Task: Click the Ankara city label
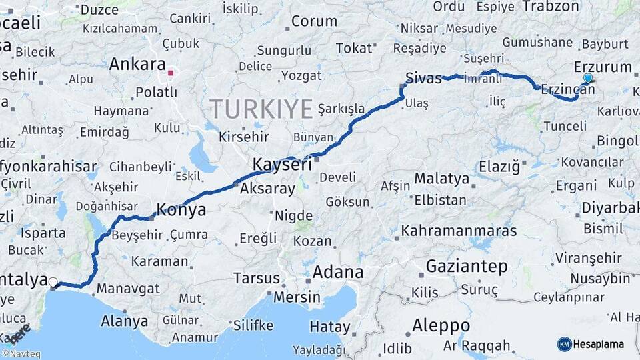tap(137, 65)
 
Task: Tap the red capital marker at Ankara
tap(171, 73)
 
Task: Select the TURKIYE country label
tap(261, 109)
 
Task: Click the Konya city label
tap(181, 211)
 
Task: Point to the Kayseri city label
tap(283, 164)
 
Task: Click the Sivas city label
tap(424, 79)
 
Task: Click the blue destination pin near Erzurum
tap(587, 78)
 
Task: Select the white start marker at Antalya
tap(53, 283)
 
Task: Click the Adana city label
tap(338, 272)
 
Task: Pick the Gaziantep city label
tap(467, 266)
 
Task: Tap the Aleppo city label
tap(441, 326)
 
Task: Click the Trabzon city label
tap(551, 6)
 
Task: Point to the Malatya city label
tap(442, 178)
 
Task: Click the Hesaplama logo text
tap(599, 345)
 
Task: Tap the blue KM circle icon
tap(565, 345)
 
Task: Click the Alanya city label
tap(124, 321)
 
